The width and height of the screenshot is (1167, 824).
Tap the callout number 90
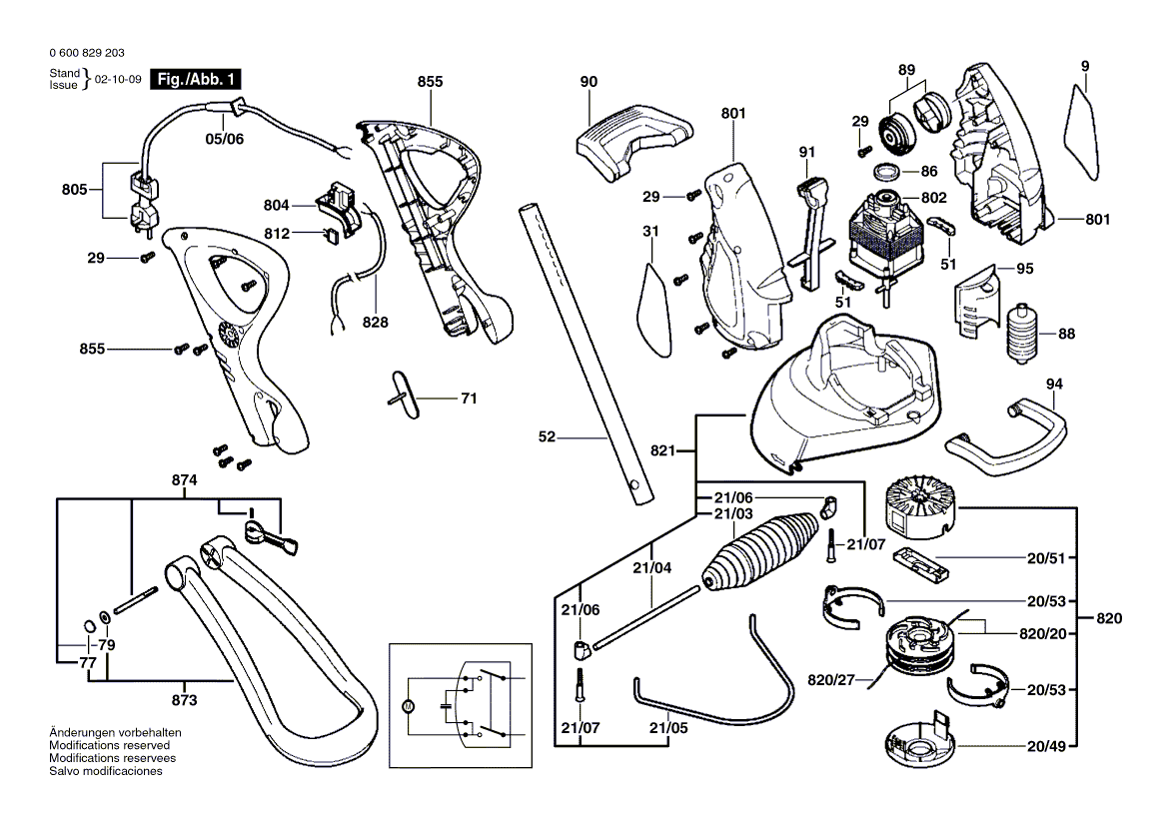click(x=588, y=82)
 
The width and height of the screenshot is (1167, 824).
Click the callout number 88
click(x=1066, y=334)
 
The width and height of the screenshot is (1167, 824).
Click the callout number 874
click(x=184, y=480)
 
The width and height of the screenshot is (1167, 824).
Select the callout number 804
click(x=276, y=205)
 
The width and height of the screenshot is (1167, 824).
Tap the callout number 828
click(x=376, y=323)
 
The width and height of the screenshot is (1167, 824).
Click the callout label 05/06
click(x=224, y=139)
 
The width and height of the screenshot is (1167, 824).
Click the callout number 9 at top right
click(x=1084, y=66)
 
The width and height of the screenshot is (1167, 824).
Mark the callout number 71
click(x=468, y=399)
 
